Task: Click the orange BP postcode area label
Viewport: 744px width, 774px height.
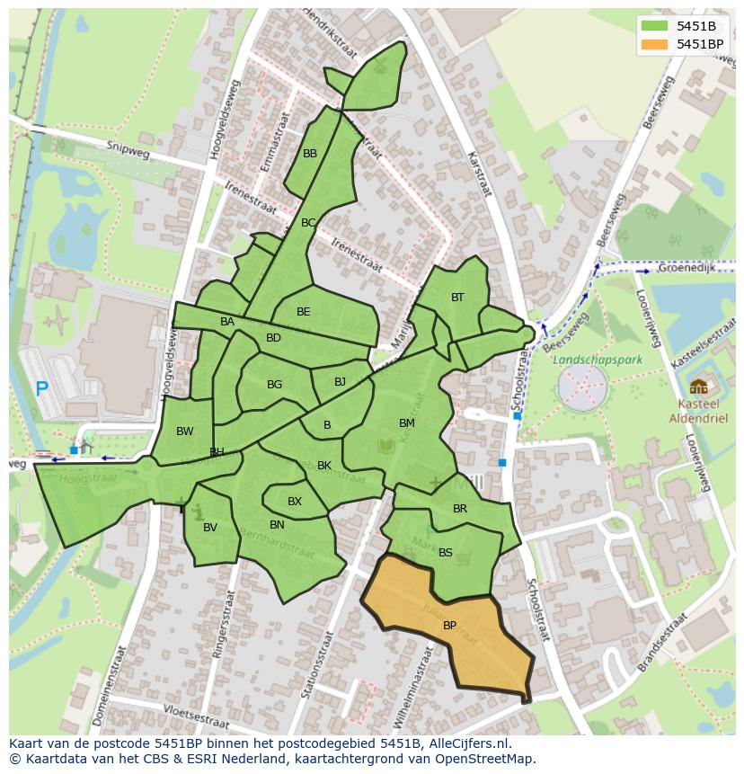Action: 449,626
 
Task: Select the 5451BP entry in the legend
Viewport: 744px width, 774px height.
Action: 699,44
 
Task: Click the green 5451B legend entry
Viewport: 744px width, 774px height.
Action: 695,26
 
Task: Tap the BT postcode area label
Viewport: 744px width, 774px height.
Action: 457,298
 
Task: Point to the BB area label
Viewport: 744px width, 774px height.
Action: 310,154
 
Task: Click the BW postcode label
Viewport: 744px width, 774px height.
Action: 185,431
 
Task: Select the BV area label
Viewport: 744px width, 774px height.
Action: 210,528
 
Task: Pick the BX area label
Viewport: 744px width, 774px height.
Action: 295,502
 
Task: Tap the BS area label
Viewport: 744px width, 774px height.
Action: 446,553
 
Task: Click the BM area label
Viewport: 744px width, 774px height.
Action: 407,423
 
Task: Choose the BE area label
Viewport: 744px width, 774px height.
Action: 304,312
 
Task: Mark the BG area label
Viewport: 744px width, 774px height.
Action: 274,385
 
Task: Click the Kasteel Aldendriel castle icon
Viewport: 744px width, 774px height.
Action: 698,387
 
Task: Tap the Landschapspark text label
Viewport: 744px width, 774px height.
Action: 591,359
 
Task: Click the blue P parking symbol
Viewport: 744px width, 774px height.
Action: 41,389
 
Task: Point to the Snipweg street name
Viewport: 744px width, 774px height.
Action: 127,147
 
